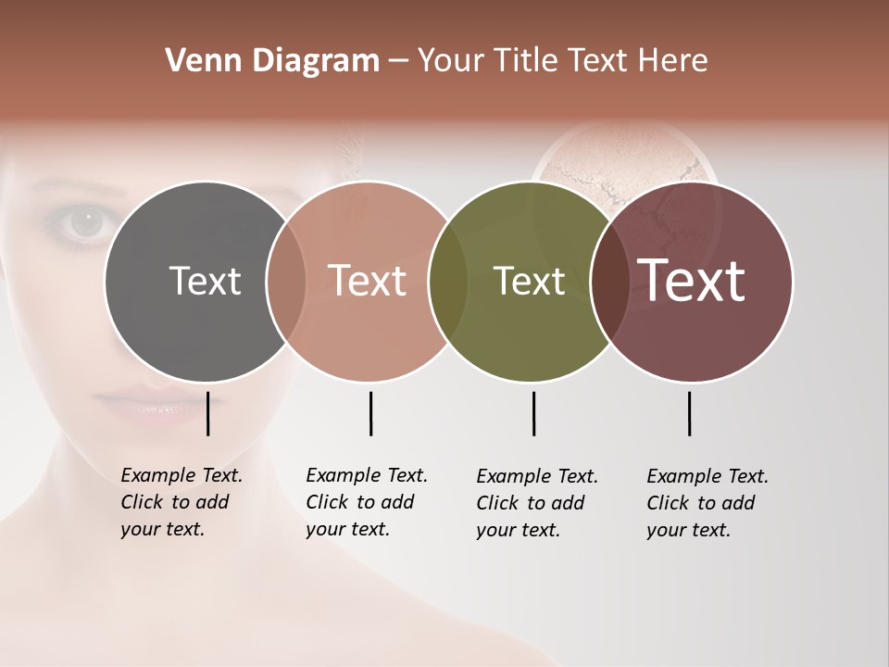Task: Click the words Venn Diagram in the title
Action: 272,61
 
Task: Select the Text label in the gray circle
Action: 205,281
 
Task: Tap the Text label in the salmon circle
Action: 368,281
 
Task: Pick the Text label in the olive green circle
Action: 529,281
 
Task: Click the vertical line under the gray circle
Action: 207,413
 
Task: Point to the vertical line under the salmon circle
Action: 370,413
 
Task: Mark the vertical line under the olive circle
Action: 533,413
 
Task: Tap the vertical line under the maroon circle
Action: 689,413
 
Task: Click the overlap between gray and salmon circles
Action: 286,281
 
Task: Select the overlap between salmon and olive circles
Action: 448,281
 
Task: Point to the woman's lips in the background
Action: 139,408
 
